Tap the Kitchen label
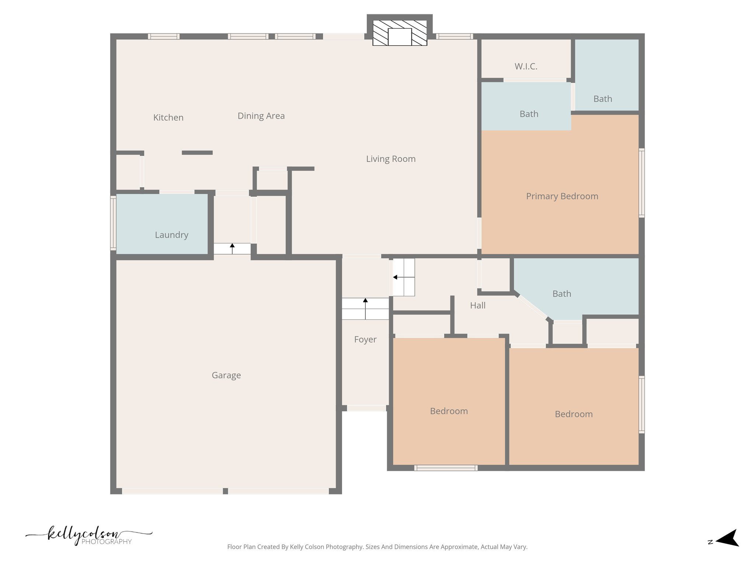(168, 118)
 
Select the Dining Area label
(261, 116)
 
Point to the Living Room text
(390, 159)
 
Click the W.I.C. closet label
(526, 66)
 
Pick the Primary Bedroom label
(562, 196)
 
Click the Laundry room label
(171, 235)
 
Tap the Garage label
(226, 375)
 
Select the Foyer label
(365, 339)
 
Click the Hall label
(477, 305)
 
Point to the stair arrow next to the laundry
(232, 248)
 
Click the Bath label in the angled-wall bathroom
(561, 294)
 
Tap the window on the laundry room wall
(113, 223)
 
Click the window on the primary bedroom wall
(641, 183)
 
